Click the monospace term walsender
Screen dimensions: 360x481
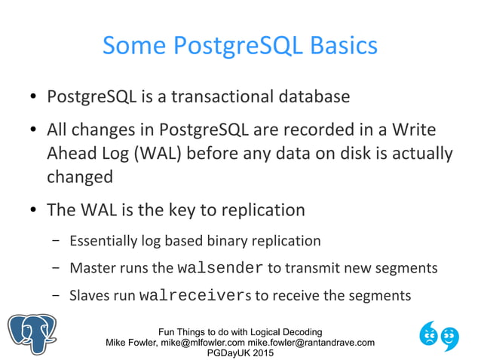pyautogui.click(x=219, y=268)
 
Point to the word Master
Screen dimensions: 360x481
pyautogui.click(x=90, y=268)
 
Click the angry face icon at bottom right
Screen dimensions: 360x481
pyautogui.click(x=430, y=332)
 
